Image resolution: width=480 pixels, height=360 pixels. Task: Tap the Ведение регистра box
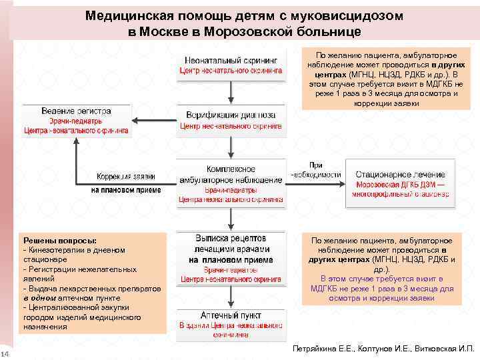tap(77, 120)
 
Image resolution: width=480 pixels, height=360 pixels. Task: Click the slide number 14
tap(5, 353)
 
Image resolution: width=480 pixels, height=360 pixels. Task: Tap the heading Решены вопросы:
tap(60, 239)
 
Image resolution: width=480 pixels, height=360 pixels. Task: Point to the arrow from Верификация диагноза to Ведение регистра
tap(153, 120)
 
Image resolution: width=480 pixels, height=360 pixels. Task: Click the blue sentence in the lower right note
tap(382, 288)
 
